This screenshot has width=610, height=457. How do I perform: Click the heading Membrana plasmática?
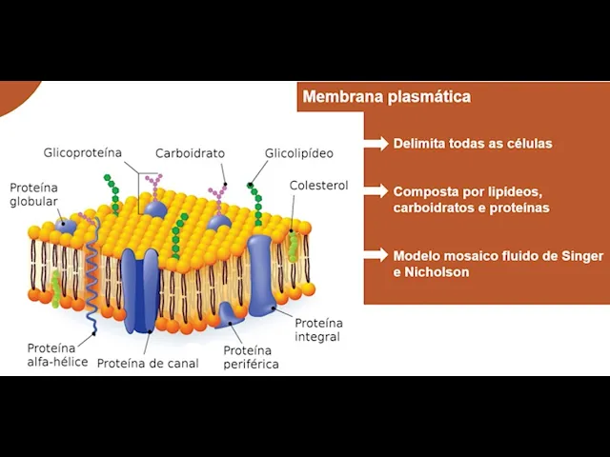pyautogui.click(x=386, y=97)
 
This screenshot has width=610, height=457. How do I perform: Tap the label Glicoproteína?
pyautogui.click(x=83, y=152)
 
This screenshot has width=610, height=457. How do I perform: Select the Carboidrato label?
pyautogui.click(x=191, y=152)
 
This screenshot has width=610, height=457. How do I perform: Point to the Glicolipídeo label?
pyautogui.click(x=299, y=152)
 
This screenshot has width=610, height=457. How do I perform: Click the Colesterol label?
pyautogui.click(x=318, y=185)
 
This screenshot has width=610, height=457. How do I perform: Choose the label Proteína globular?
pyautogui.click(x=33, y=194)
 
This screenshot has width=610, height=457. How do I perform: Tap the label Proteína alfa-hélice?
pyautogui.click(x=57, y=354)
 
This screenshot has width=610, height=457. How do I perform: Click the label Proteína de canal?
pyautogui.click(x=148, y=363)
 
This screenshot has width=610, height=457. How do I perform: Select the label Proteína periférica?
pyautogui.click(x=251, y=357)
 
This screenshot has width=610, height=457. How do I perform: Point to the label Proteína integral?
pyautogui.click(x=317, y=329)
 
